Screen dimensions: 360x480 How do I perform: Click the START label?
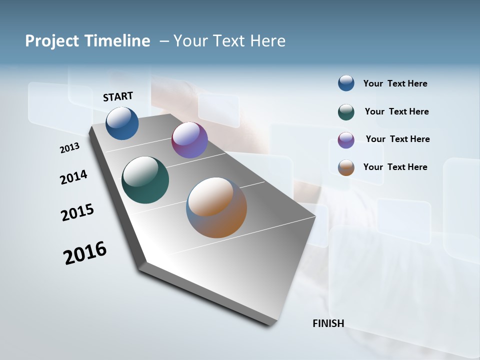pos(118,96)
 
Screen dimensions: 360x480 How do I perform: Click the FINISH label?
pos(328,323)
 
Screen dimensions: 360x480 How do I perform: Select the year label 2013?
pos(69,148)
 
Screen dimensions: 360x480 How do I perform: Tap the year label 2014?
pos(73,177)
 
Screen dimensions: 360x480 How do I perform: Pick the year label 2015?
pos(77,212)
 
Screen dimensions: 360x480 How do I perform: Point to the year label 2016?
pos(85,253)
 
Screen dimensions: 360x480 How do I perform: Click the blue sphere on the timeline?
pos(122,123)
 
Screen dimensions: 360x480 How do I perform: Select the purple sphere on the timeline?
pos(189,140)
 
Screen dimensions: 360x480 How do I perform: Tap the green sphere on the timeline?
pos(145,180)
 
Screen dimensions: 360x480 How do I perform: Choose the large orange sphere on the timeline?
pos(216,207)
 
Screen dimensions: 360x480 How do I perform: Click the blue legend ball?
pos(346,83)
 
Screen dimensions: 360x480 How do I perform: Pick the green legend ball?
pos(346,112)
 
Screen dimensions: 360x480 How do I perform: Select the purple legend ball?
pos(346,140)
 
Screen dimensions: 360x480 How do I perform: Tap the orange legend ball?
pos(346,167)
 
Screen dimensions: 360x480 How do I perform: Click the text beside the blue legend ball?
pos(395,83)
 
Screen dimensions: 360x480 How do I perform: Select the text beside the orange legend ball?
pos(395,167)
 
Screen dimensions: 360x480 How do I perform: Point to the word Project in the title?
pos(52,41)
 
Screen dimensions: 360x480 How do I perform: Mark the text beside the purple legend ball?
pos(397,139)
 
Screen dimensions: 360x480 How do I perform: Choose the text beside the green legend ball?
pos(396,111)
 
